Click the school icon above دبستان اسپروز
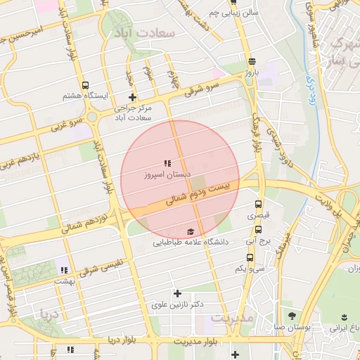167,162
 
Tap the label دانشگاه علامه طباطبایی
191,243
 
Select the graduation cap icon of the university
191,231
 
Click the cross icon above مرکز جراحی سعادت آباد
131,97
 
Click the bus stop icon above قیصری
257,205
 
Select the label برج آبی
257,240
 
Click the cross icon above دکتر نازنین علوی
177,293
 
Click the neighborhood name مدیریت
231,318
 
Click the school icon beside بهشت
64,270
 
